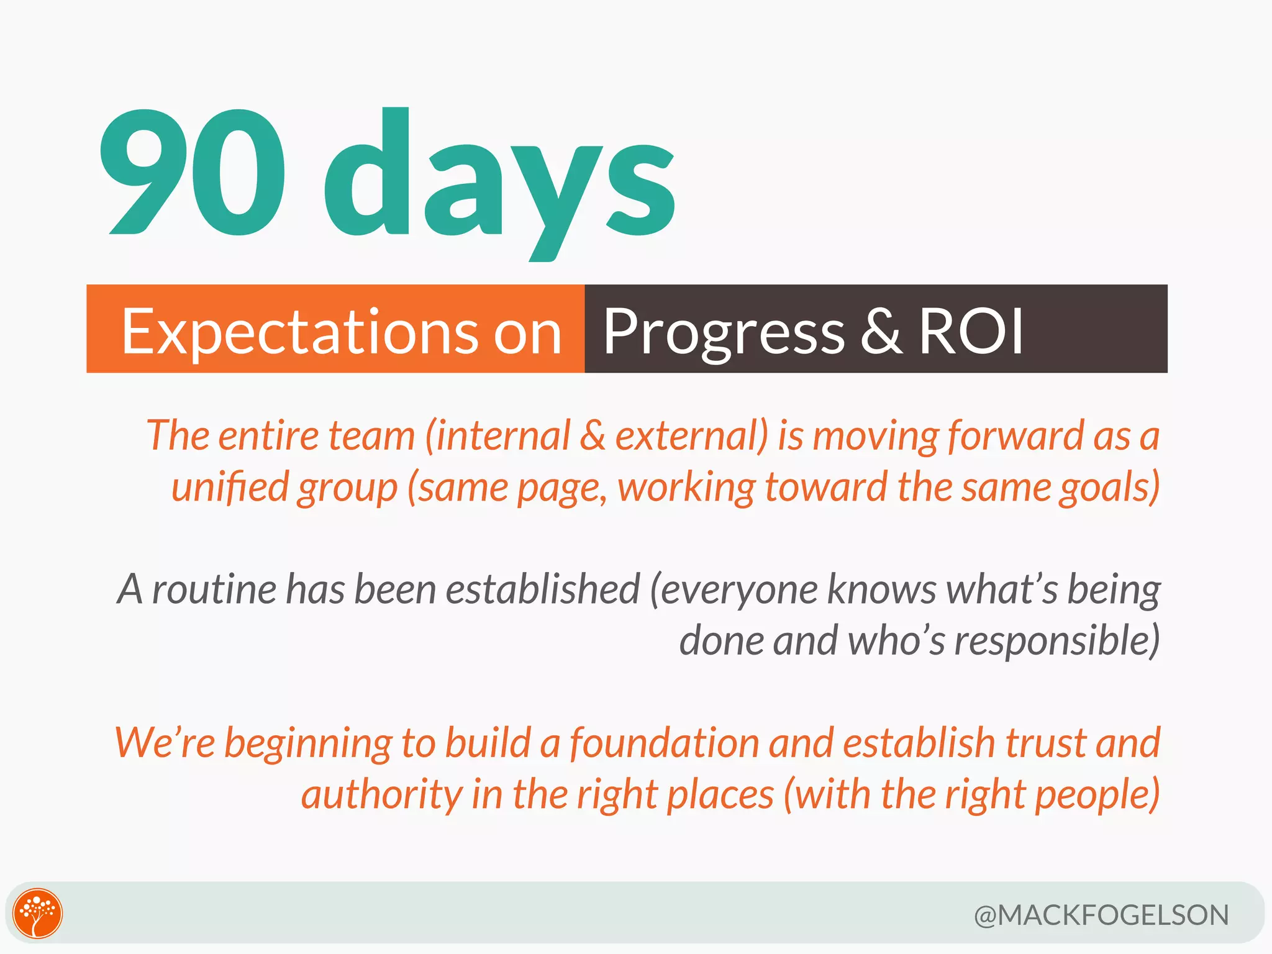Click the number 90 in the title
pos(193,173)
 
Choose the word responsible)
pos(1056,641)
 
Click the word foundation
pos(664,743)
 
